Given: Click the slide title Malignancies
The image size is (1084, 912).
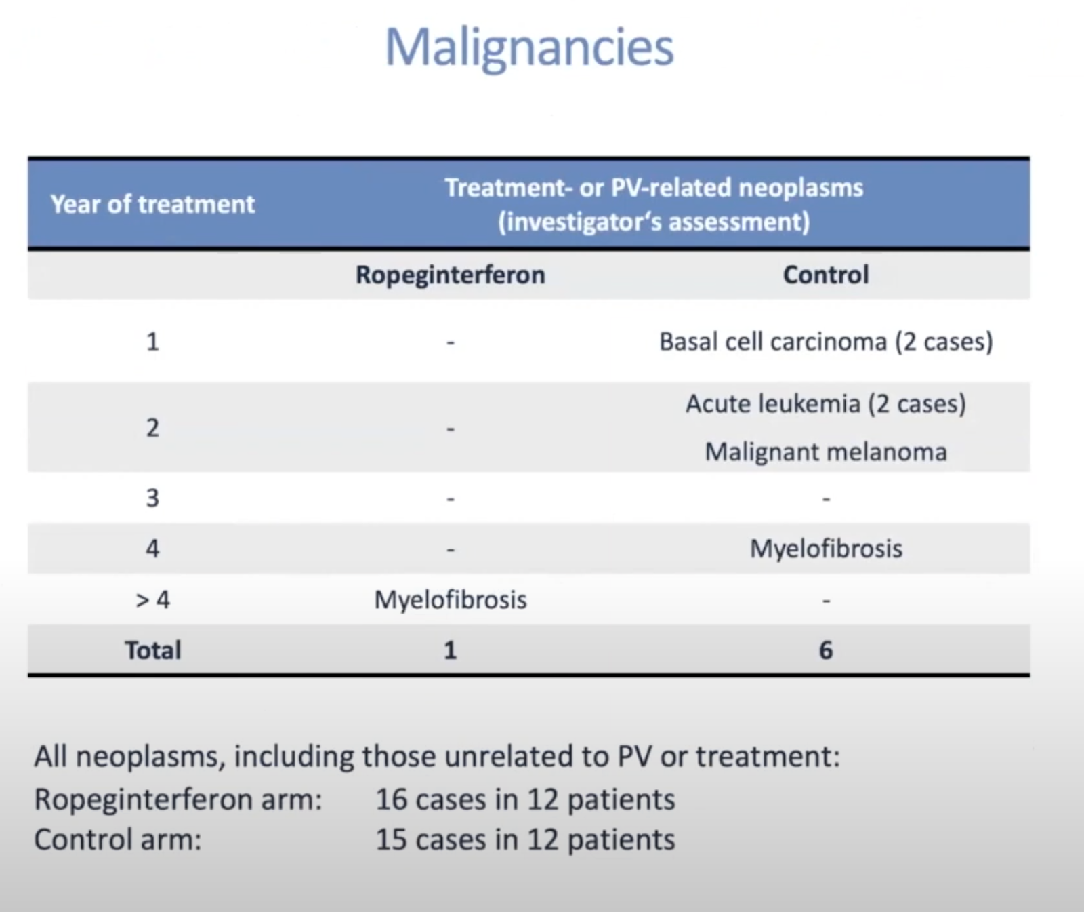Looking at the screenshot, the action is point(529,48).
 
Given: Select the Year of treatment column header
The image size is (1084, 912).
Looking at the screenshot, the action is point(152,204).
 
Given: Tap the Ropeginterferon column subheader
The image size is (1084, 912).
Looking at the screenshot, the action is point(451,275).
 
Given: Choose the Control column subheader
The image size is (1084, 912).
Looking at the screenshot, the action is point(826,275).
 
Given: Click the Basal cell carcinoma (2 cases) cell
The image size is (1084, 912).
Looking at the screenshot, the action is point(826,341).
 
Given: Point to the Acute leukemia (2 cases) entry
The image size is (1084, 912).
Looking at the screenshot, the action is point(826,404).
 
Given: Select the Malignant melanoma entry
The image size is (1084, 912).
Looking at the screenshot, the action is point(826,452).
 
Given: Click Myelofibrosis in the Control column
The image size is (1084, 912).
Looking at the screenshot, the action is point(826,549).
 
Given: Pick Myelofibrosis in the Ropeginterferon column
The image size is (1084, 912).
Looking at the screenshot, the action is point(451,599).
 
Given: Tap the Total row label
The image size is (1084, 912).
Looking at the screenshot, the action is point(153,650).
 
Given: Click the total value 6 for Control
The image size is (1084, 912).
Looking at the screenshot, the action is point(826,650).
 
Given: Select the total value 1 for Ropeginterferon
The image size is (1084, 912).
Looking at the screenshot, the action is point(451,650).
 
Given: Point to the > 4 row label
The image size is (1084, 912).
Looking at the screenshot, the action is point(152,599).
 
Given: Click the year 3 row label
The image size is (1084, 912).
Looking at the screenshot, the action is point(152,498).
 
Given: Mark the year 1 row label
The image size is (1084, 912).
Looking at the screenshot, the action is point(152,341).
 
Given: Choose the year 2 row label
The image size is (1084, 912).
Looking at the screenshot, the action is point(152,428).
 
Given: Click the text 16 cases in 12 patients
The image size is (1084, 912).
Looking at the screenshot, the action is point(525,799).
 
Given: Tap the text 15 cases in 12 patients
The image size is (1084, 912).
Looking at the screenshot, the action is point(525,840).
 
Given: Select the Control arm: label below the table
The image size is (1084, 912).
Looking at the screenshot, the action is point(118,839).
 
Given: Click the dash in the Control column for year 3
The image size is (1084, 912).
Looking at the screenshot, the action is point(826,500).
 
